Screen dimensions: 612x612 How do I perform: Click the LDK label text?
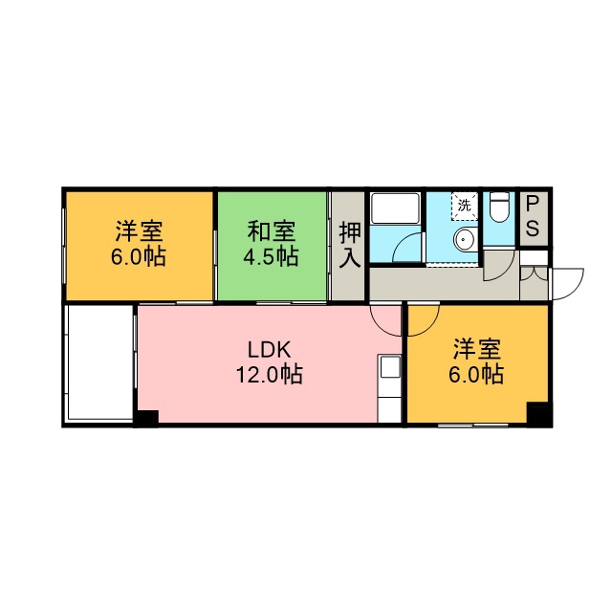270,350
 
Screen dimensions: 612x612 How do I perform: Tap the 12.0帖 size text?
270,375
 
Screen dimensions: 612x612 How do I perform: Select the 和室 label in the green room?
272,231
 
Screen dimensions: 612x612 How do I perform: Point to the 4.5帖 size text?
272,256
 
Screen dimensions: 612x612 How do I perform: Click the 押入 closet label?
349,245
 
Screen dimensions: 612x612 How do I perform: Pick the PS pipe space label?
533,216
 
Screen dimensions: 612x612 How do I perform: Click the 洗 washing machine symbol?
465,206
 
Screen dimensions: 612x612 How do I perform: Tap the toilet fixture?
499,207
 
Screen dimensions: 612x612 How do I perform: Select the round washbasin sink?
465,237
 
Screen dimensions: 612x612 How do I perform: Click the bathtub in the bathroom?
395,208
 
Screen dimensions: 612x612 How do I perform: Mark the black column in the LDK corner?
146,418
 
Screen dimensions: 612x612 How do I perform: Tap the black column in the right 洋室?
538,414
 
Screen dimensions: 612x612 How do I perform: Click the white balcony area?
99,362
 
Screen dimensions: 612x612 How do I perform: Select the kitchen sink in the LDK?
390,367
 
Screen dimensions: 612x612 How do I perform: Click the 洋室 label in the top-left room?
139,231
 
